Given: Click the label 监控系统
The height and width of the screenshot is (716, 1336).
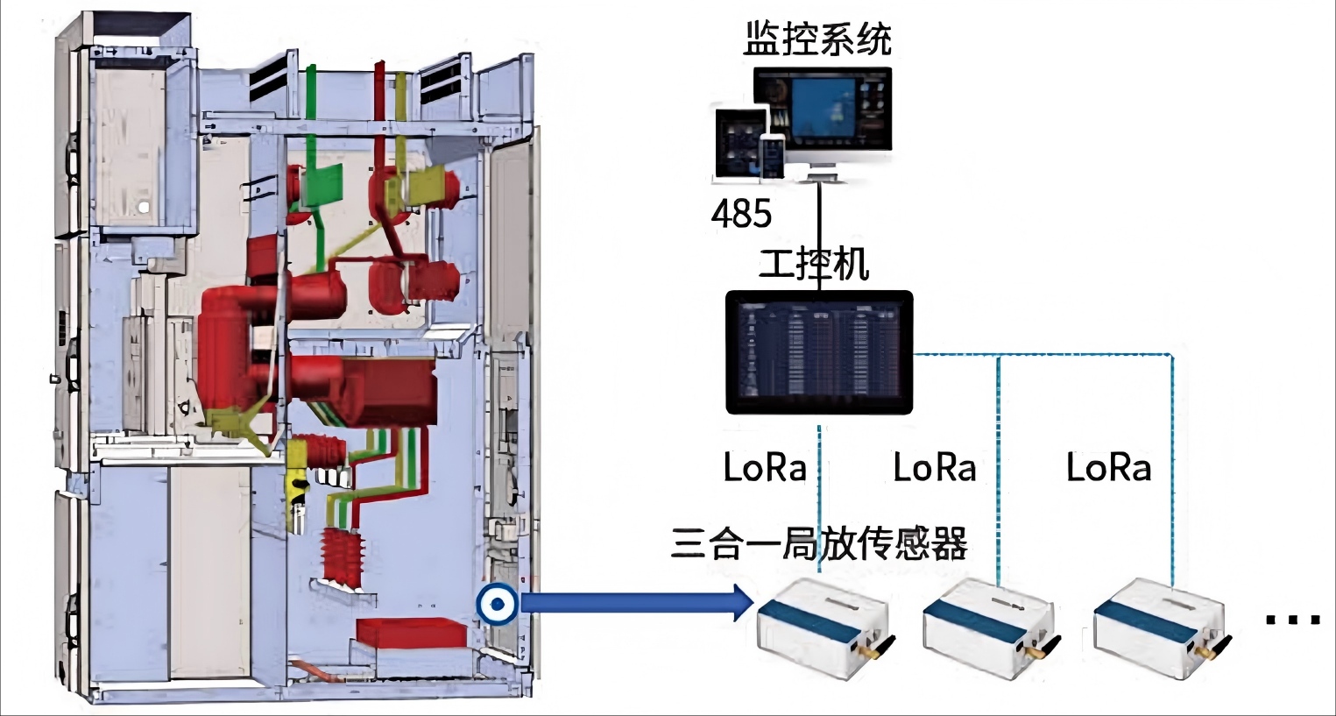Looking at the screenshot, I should click(x=816, y=39).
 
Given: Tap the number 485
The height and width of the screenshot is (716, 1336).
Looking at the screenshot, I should click(x=741, y=214).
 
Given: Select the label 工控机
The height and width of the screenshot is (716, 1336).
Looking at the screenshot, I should click(x=814, y=264).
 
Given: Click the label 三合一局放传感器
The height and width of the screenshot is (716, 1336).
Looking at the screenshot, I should click(x=819, y=543).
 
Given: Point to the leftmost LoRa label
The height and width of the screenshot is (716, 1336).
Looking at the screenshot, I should click(x=764, y=468).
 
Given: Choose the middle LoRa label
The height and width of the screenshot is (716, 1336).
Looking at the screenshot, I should click(x=934, y=468).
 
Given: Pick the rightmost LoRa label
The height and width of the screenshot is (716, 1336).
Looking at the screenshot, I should click(x=1108, y=468).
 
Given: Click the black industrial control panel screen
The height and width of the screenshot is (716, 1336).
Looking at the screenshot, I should click(x=819, y=352).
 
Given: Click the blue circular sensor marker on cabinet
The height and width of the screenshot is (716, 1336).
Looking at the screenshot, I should click(x=497, y=604).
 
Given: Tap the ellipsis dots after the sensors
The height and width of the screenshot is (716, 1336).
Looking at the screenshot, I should click(x=1292, y=620).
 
